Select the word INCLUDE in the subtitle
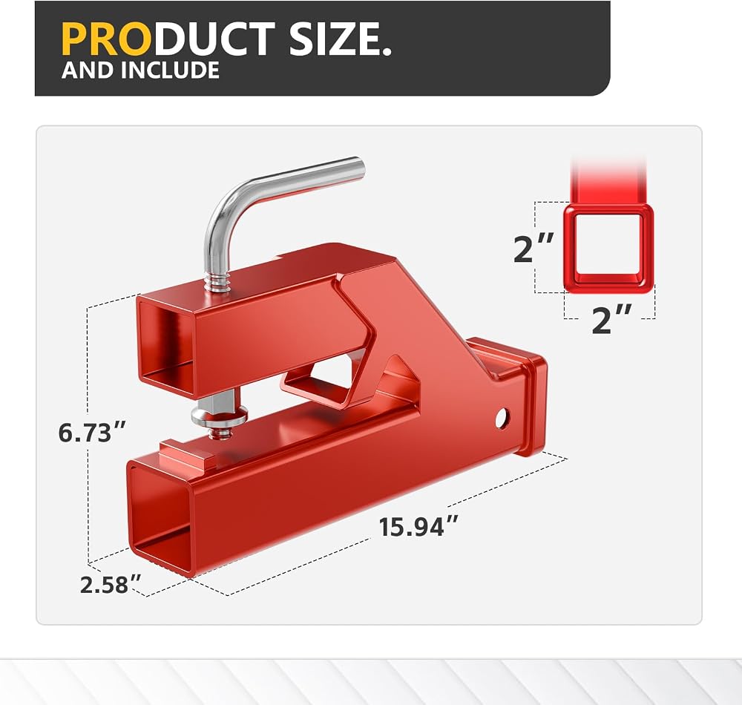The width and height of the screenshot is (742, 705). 170,70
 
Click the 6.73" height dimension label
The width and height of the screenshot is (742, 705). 92,432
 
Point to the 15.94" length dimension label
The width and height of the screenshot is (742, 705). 418,526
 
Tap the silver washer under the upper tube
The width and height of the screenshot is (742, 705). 219,417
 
